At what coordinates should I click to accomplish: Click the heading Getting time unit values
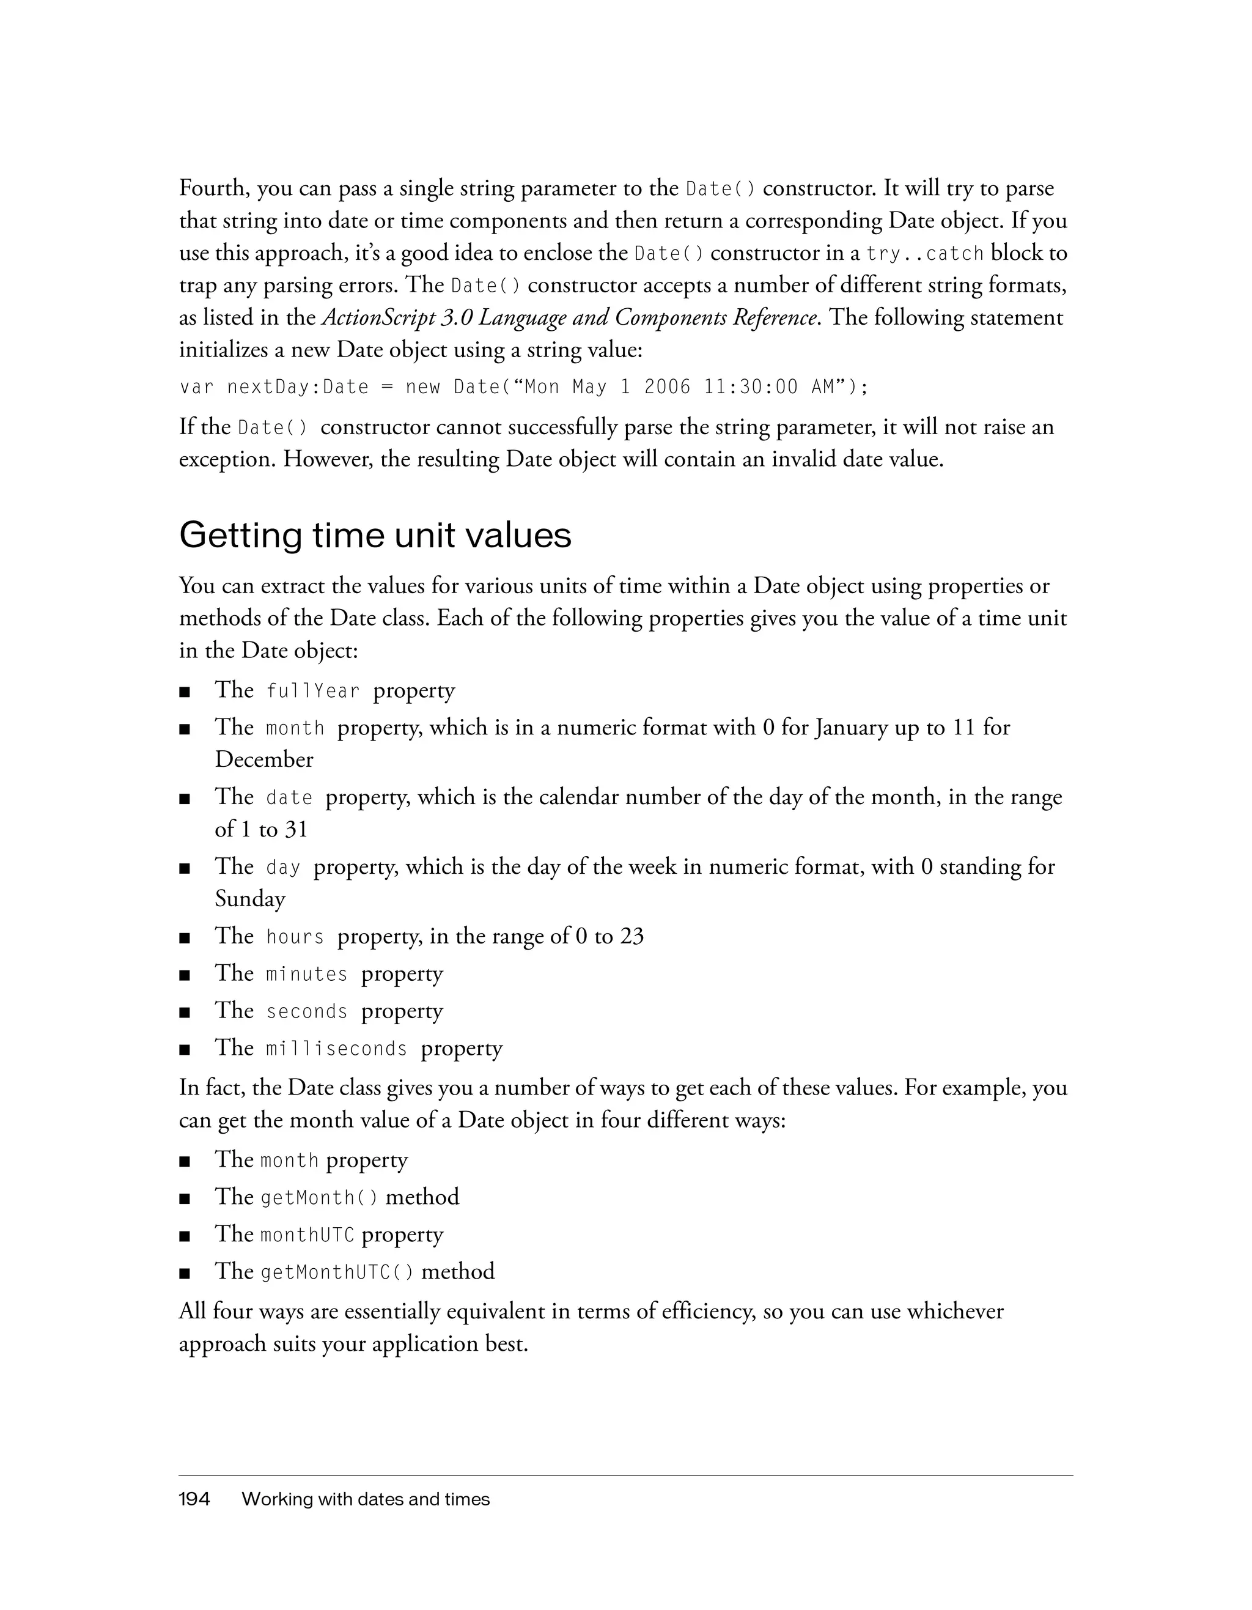[375, 535]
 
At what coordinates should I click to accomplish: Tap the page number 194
[194, 1499]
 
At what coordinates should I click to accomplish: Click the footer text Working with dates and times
[366, 1499]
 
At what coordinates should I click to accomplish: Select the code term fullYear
[313, 692]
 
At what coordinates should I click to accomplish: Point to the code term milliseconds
[337, 1049]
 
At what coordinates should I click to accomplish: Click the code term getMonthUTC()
[337, 1272]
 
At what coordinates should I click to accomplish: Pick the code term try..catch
[925, 254]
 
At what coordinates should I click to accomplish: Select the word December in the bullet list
[264, 760]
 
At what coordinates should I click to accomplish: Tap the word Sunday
[250, 899]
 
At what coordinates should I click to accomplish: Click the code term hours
[295, 937]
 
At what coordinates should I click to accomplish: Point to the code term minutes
[306, 975]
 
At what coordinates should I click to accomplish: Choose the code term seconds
[306, 1011]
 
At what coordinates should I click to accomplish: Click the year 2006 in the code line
[668, 387]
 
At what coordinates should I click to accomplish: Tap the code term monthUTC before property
[307, 1235]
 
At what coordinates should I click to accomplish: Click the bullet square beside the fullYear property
[185, 692]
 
